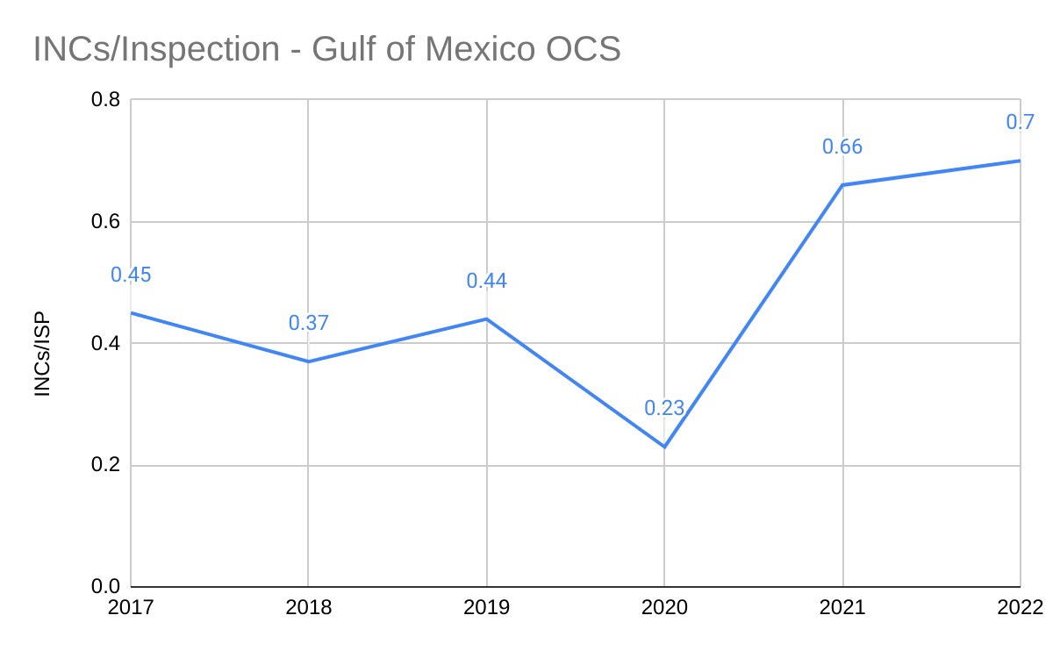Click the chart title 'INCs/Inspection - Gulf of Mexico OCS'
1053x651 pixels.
(x=326, y=49)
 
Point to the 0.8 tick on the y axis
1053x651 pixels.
(x=106, y=100)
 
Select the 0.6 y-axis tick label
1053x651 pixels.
(x=106, y=222)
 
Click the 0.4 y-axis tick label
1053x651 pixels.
(x=106, y=344)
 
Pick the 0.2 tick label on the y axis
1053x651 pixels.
(x=106, y=466)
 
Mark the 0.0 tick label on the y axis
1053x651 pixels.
(x=106, y=587)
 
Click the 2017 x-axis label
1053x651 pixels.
(x=131, y=607)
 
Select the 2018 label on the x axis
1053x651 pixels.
(x=309, y=607)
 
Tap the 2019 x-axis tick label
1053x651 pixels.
(x=487, y=607)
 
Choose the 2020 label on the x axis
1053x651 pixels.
(x=664, y=607)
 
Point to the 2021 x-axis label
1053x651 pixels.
(x=842, y=607)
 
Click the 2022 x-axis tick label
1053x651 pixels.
(x=1020, y=607)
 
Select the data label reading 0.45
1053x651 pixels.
(x=131, y=275)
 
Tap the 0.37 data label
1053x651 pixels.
(x=309, y=323)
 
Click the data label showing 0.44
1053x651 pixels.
(x=487, y=281)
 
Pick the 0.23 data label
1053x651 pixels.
(x=664, y=408)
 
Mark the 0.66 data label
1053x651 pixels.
(x=842, y=147)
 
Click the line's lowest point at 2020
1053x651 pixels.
(x=664, y=447)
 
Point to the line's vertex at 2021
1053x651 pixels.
(x=842, y=185)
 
